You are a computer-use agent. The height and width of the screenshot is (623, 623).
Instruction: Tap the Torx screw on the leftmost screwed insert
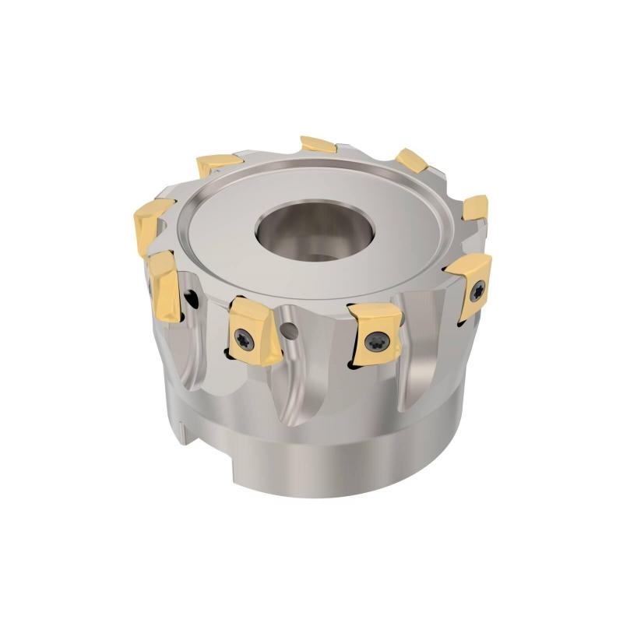pyautogui.click(x=241, y=336)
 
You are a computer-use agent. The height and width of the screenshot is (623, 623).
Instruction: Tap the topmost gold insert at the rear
pyautogui.click(x=318, y=144)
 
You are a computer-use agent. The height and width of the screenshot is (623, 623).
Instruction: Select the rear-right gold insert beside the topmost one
pyautogui.click(x=411, y=160)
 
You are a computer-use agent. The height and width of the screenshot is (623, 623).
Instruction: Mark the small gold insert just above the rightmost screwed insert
pyautogui.click(x=476, y=208)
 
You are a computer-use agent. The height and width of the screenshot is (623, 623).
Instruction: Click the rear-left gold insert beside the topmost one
pyautogui.click(x=217, y=164)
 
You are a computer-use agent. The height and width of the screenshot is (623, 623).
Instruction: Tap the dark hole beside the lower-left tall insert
pyautogui.click(x=189, y=298)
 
